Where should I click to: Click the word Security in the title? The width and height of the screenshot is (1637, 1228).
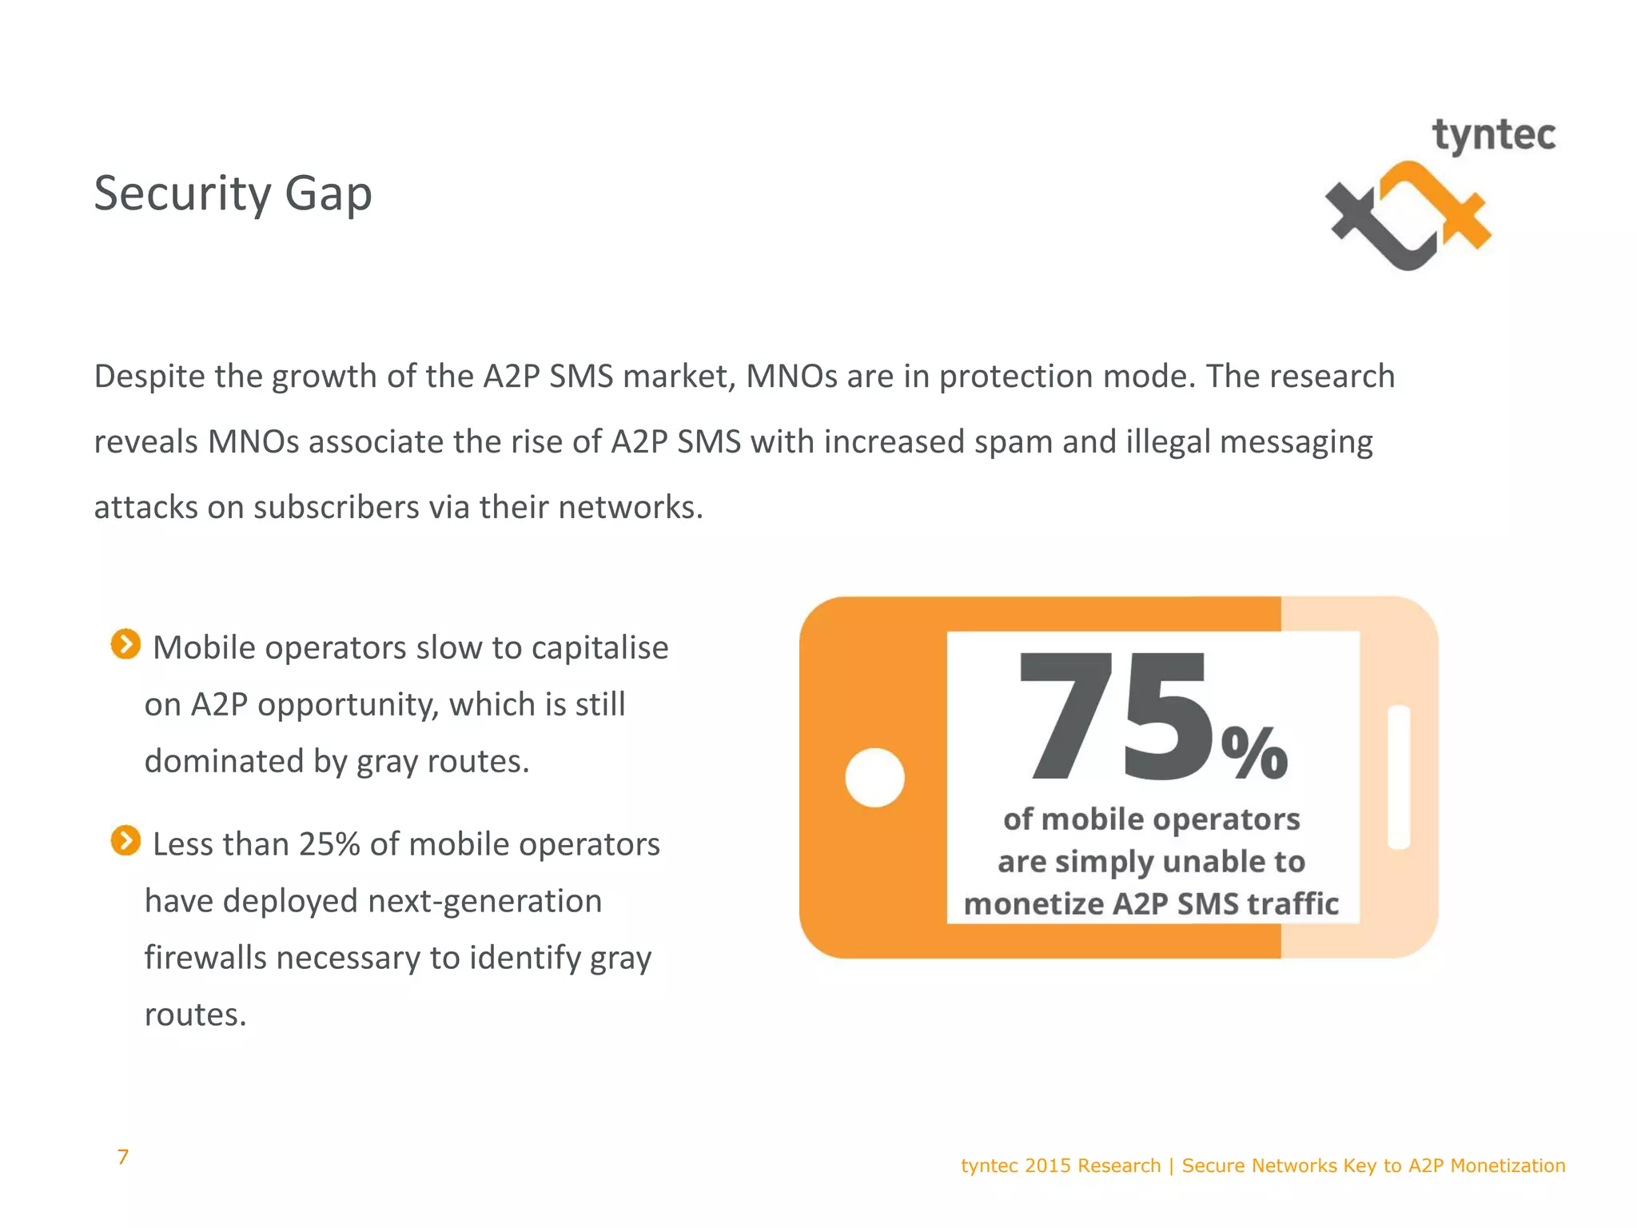(x=183, y=193)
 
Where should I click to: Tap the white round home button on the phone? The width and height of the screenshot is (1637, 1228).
(x=874, y=777)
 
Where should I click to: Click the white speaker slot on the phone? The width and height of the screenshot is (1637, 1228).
(x=1399, y=777)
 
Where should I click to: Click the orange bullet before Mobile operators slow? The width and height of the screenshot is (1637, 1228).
(x=125, y=644)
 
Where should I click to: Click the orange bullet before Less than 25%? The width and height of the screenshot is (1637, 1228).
(x=125, y=840)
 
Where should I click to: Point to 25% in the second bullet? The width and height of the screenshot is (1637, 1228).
(x=329, y=844)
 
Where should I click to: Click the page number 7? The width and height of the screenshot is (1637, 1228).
(x=122, y=1157)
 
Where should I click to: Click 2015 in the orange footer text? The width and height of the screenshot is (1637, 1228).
(x=1048, y=1166)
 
